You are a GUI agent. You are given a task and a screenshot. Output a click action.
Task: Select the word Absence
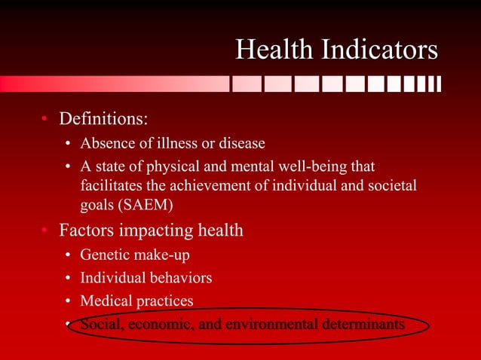[106, 143]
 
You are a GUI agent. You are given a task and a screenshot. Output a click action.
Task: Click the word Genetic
[105, 255]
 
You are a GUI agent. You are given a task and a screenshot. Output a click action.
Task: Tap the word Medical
[106, 301]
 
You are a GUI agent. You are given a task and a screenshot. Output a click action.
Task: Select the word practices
[164, 301]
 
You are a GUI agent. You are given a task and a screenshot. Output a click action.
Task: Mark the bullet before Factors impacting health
[44, 230]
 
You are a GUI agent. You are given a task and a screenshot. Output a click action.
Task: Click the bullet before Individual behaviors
[68, 278]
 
